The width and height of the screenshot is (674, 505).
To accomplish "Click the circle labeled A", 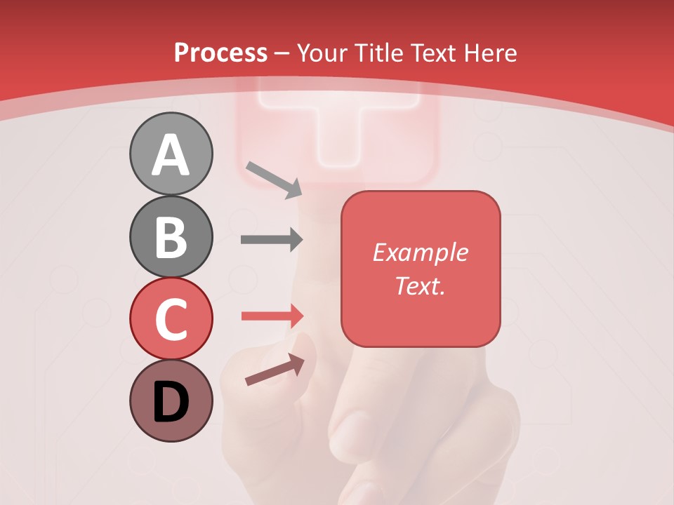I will tap(171, 154).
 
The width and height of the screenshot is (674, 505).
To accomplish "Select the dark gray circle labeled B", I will tap(171, 236).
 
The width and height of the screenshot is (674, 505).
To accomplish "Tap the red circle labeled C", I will tap(171, 318).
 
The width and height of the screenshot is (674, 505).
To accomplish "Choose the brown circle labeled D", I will tap(171, 400).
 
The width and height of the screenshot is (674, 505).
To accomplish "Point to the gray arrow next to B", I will tap(272, 240).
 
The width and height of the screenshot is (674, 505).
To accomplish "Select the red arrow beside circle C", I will tap(272, 316).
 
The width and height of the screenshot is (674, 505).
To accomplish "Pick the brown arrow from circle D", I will tap(275, 370).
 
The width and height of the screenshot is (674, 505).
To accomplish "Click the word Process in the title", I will tap(220, 53).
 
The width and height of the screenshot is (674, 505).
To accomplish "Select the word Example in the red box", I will tap(420, 252).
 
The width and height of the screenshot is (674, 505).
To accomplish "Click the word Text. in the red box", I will tap(420, 285).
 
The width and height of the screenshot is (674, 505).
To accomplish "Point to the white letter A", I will tap(171, 156).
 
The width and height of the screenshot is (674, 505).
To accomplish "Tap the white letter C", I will tap(171, 320).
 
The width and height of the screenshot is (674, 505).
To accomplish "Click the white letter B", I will tap(171, 238).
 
